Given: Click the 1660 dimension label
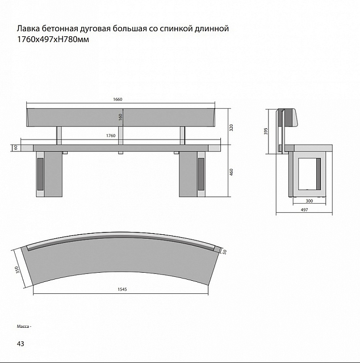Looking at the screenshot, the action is point(118,99).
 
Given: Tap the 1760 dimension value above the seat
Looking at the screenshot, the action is point(111,136).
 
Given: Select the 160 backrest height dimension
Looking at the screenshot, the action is point(120,117).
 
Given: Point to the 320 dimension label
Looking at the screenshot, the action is point(231,128).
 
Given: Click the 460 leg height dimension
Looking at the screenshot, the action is point(231,172).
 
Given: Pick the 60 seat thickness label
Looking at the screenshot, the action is point(16,147).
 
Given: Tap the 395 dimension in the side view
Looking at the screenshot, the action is point(266,131).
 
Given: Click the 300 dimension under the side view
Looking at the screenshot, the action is point(309,201).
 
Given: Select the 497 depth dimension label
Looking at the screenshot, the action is point(304,210).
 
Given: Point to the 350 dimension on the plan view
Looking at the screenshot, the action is point(17,270).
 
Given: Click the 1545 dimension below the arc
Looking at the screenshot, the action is point(122,289).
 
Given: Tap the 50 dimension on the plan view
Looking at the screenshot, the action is point(224,252).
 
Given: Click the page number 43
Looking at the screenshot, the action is point(20,344).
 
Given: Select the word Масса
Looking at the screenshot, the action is point(23,327).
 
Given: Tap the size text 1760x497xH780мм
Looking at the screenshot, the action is point(53,40).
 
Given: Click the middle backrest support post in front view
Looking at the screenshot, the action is point(120,136).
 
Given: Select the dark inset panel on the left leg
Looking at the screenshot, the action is point(40,174).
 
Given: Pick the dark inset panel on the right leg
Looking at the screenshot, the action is point(201,174).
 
